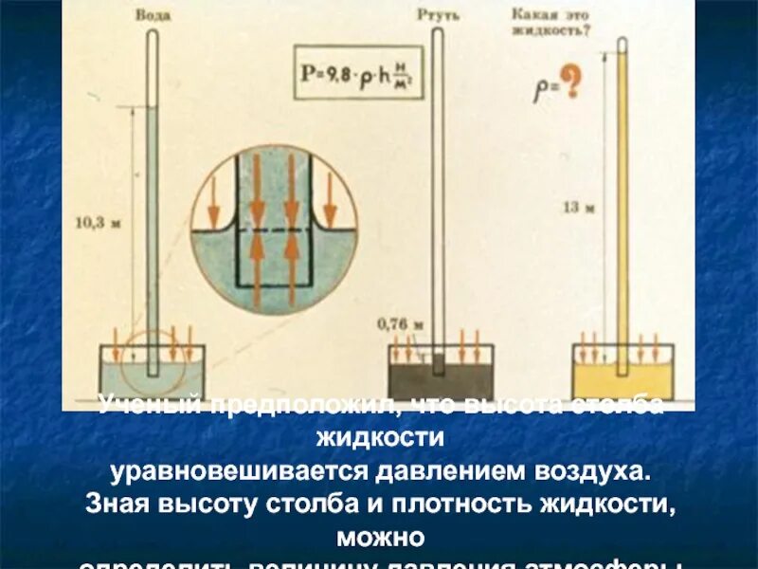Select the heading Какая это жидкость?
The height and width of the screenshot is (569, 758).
[551, 21]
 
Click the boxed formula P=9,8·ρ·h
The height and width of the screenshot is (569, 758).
[357, 72]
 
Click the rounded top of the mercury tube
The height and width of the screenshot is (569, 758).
[437, 32]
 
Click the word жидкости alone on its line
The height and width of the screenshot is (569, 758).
[378, 438]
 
